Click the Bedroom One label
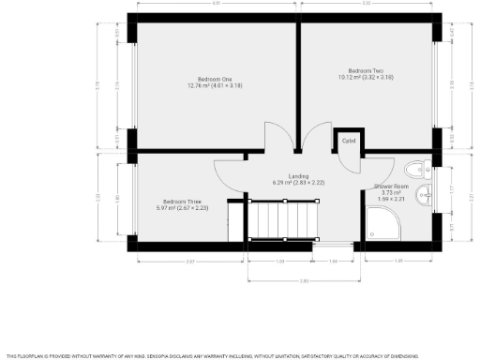point(214,79)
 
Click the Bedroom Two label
point(366,71)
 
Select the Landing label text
point(298,175)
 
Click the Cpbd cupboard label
point(349,142)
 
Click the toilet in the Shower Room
point(417,169)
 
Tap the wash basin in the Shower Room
point(424,196)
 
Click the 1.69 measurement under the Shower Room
point(397,260)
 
